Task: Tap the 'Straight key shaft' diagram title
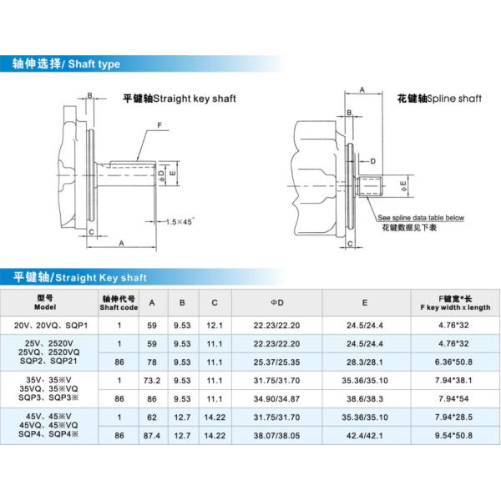point(179,99)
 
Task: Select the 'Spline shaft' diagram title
point(439,99)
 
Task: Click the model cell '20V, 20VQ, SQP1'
point(50,324)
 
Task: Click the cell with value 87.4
point(151,436)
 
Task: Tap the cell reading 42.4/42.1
point(365,436)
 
